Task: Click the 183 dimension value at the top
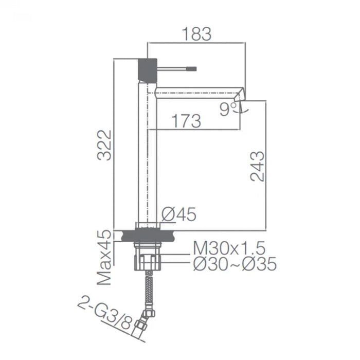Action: (x=196, y=34)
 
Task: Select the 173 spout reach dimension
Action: (x=186, y=121)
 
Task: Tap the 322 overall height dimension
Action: (x=104, y=145)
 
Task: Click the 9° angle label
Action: (x=227, y=109)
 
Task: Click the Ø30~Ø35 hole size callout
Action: (x=235, y=264)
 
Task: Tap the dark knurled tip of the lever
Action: (x=193, y=67)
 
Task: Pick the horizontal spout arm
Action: (x=195, y=91)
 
